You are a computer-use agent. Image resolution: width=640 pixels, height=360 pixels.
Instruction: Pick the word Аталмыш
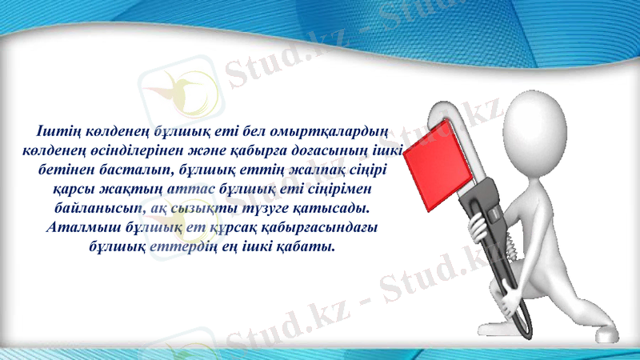point(80,228)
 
